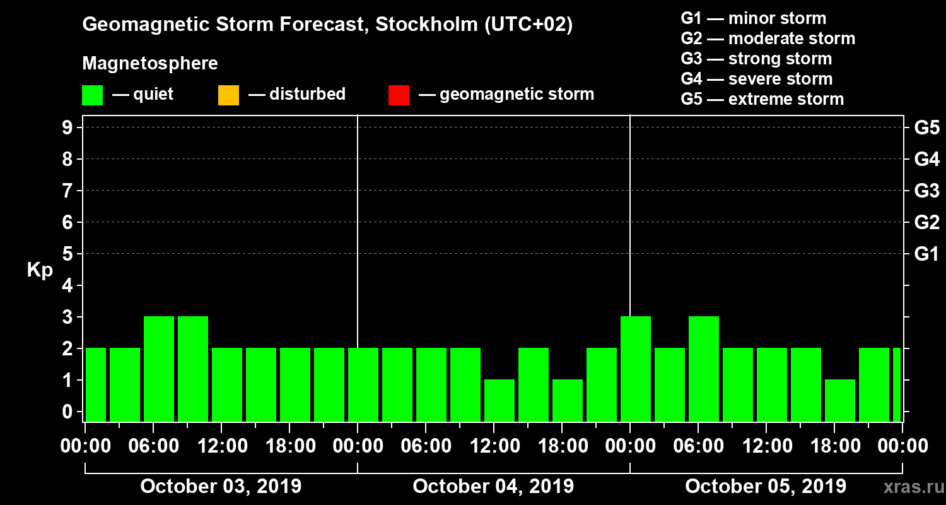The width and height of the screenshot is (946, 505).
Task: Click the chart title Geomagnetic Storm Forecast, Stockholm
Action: coord(327,25)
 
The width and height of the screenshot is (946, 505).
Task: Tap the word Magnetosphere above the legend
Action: coord(150,64)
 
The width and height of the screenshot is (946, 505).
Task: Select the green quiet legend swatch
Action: coord(92,95)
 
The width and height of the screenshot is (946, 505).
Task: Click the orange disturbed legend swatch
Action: coord(228,95)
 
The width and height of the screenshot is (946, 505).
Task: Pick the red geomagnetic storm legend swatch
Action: coord(399,95)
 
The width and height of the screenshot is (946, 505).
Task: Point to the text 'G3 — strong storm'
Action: coord(756,59)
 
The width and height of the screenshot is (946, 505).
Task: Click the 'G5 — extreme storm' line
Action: coord(762,99)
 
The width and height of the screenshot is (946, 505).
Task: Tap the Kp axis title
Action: coord(40,270)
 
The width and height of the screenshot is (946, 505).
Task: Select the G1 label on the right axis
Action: coord(926,254)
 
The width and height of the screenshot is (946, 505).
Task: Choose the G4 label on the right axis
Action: coord(926,160)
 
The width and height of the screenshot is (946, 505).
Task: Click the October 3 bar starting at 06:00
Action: coord(159,369)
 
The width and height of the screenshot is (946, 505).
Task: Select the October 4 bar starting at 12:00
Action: coord(499,400)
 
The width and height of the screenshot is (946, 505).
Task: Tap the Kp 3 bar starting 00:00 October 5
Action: coord(636,369)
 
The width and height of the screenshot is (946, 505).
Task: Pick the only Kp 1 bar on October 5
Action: coord(840,400)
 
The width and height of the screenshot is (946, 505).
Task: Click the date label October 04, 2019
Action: coord(493,486)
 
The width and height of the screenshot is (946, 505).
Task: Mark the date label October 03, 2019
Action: coord(221,486)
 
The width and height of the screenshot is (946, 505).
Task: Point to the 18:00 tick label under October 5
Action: coord(834,446)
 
